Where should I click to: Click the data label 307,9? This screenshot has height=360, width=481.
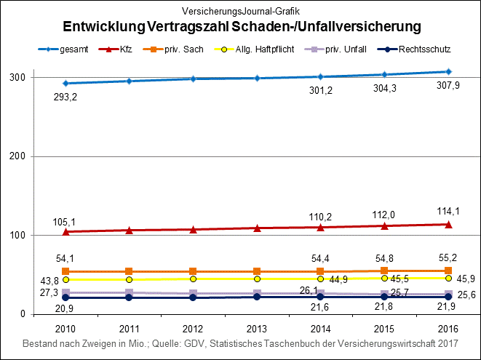point(450,85)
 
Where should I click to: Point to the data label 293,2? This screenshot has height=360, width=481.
point(65,96)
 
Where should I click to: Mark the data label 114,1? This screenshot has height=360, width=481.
point(448,212)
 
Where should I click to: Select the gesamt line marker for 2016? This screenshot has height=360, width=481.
point(448,71)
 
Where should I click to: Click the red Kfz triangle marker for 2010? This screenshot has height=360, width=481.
point(65,231)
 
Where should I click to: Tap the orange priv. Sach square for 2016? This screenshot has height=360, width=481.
point(448,271)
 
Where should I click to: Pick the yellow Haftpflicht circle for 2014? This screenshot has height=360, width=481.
point(321,279)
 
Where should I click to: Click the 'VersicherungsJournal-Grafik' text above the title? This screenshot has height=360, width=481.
point(241,12)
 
